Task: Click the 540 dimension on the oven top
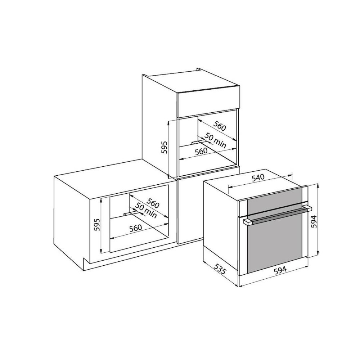[258, 177]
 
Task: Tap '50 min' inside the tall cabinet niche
[215, 140]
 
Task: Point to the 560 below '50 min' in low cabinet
[135, 228]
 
